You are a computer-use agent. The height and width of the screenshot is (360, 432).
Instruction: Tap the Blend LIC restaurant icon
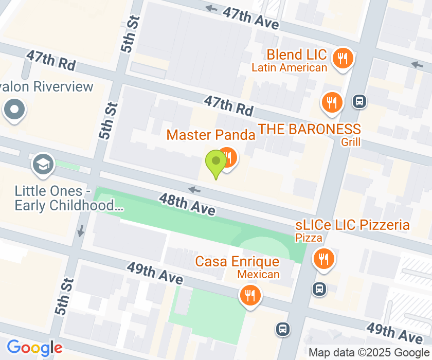coord(342,58)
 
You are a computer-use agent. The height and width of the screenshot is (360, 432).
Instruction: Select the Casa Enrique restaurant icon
coord(250,296)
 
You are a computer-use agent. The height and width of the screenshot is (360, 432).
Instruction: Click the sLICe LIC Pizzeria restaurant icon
coord(323,259)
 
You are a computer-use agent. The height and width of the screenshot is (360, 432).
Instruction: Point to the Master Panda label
coord(211,135)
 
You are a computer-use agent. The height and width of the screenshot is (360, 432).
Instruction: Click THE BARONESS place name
coord(309,129)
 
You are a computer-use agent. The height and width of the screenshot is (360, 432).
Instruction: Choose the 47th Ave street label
coord(251,17)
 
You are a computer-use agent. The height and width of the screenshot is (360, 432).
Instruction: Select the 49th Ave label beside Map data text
coord(394,333)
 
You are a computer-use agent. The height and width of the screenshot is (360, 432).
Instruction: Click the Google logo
coord(34,348)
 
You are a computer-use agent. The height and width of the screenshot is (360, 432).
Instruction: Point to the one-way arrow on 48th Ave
coord(194,190)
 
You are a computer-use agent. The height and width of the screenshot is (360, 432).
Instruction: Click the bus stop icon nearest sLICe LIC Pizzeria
coord(319,289)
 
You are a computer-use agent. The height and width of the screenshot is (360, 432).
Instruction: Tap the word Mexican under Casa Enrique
coord(259,274)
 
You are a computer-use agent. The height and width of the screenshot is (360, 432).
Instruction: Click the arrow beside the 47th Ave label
coord(211,8)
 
